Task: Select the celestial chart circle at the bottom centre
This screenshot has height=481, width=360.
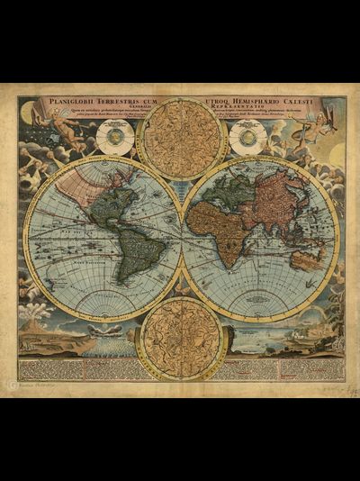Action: click(x=181, y=337)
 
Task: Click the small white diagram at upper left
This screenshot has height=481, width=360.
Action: click(x=116, y=136)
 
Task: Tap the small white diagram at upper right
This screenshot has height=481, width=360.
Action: click(x=247, y=138)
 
